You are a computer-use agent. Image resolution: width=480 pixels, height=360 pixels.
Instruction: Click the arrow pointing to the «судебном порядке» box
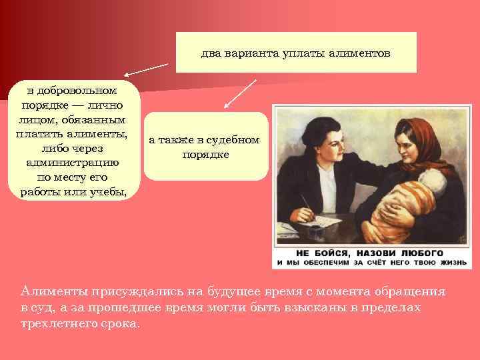(239, 93)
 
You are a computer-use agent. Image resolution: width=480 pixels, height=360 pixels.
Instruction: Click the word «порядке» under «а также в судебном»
(205, 154)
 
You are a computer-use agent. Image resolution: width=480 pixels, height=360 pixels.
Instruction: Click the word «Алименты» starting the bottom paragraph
(47, 292)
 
